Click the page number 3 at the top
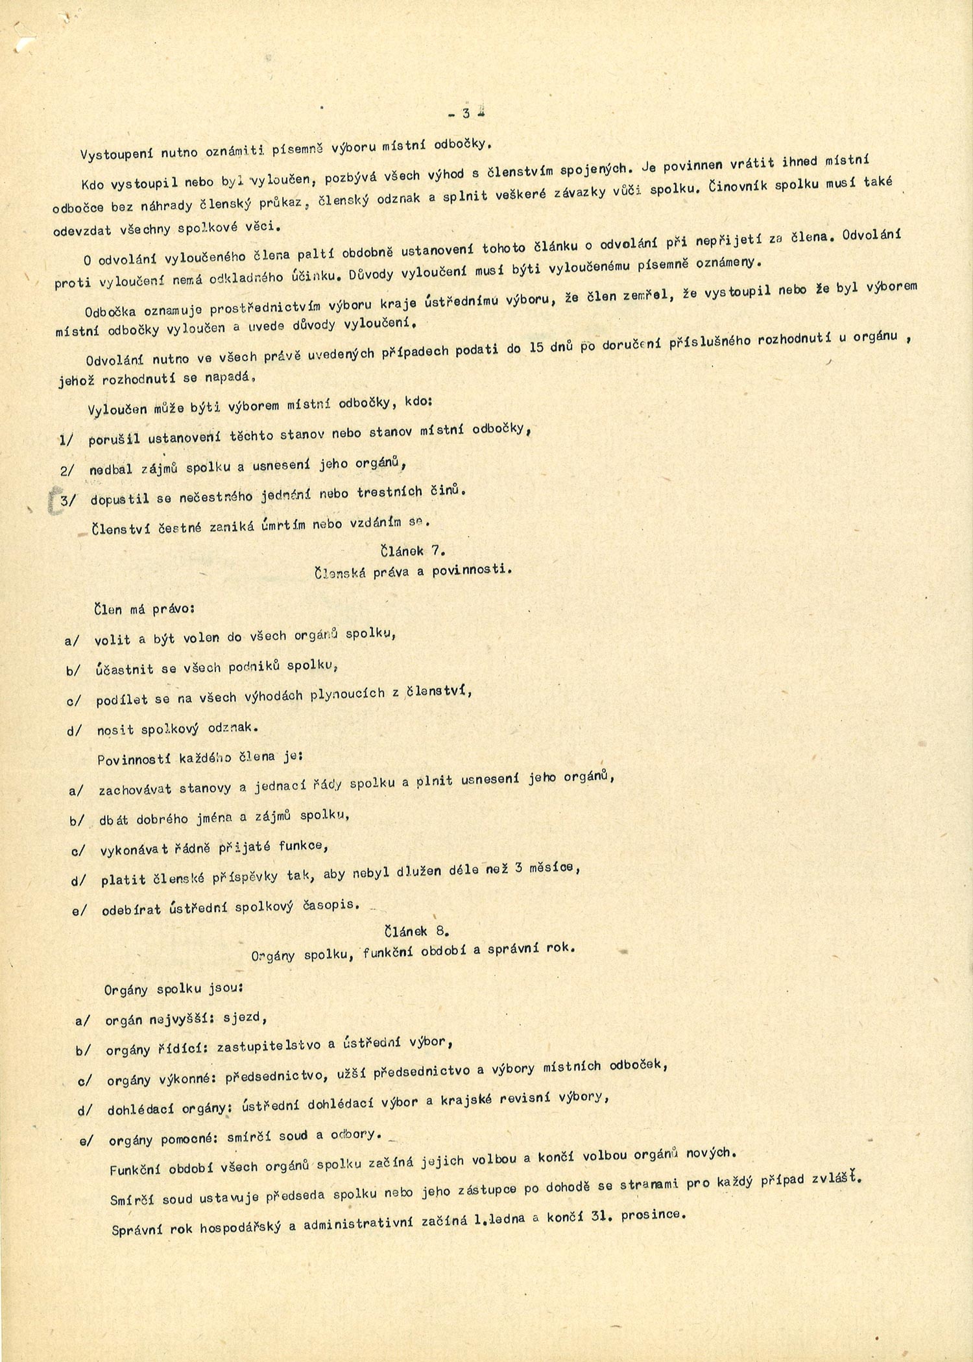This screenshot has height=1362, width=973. click(466, 113)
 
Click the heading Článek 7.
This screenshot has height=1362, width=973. click(412, 551)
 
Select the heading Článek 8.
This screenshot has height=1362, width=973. click(415, 931)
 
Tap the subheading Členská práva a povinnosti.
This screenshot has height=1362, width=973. click(413, 571)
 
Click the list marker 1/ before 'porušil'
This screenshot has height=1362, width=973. click(67, 440)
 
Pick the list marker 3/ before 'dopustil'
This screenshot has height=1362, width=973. click(68, 500)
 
